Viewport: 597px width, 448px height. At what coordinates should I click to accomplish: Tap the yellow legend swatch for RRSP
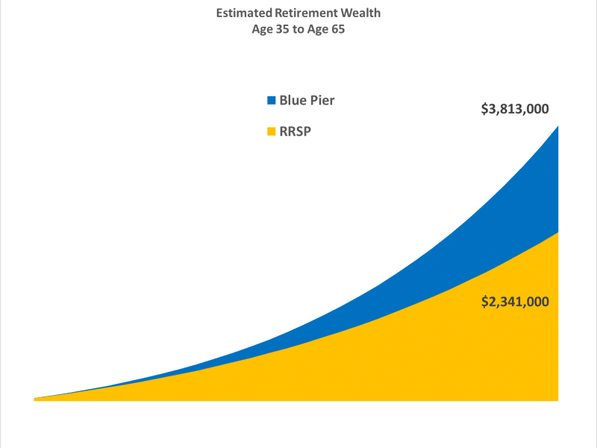[x=272, y=132]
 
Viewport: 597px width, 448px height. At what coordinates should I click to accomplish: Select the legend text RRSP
[x=296, y=132]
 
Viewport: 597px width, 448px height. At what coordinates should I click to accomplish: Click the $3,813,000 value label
[x=515, y=109]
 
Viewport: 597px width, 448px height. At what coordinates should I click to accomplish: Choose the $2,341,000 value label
[x=515, y=302]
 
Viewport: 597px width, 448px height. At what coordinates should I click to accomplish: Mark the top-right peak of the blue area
[x=557, y=128]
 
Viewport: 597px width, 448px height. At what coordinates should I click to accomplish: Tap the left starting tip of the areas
[x=36, y=399]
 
